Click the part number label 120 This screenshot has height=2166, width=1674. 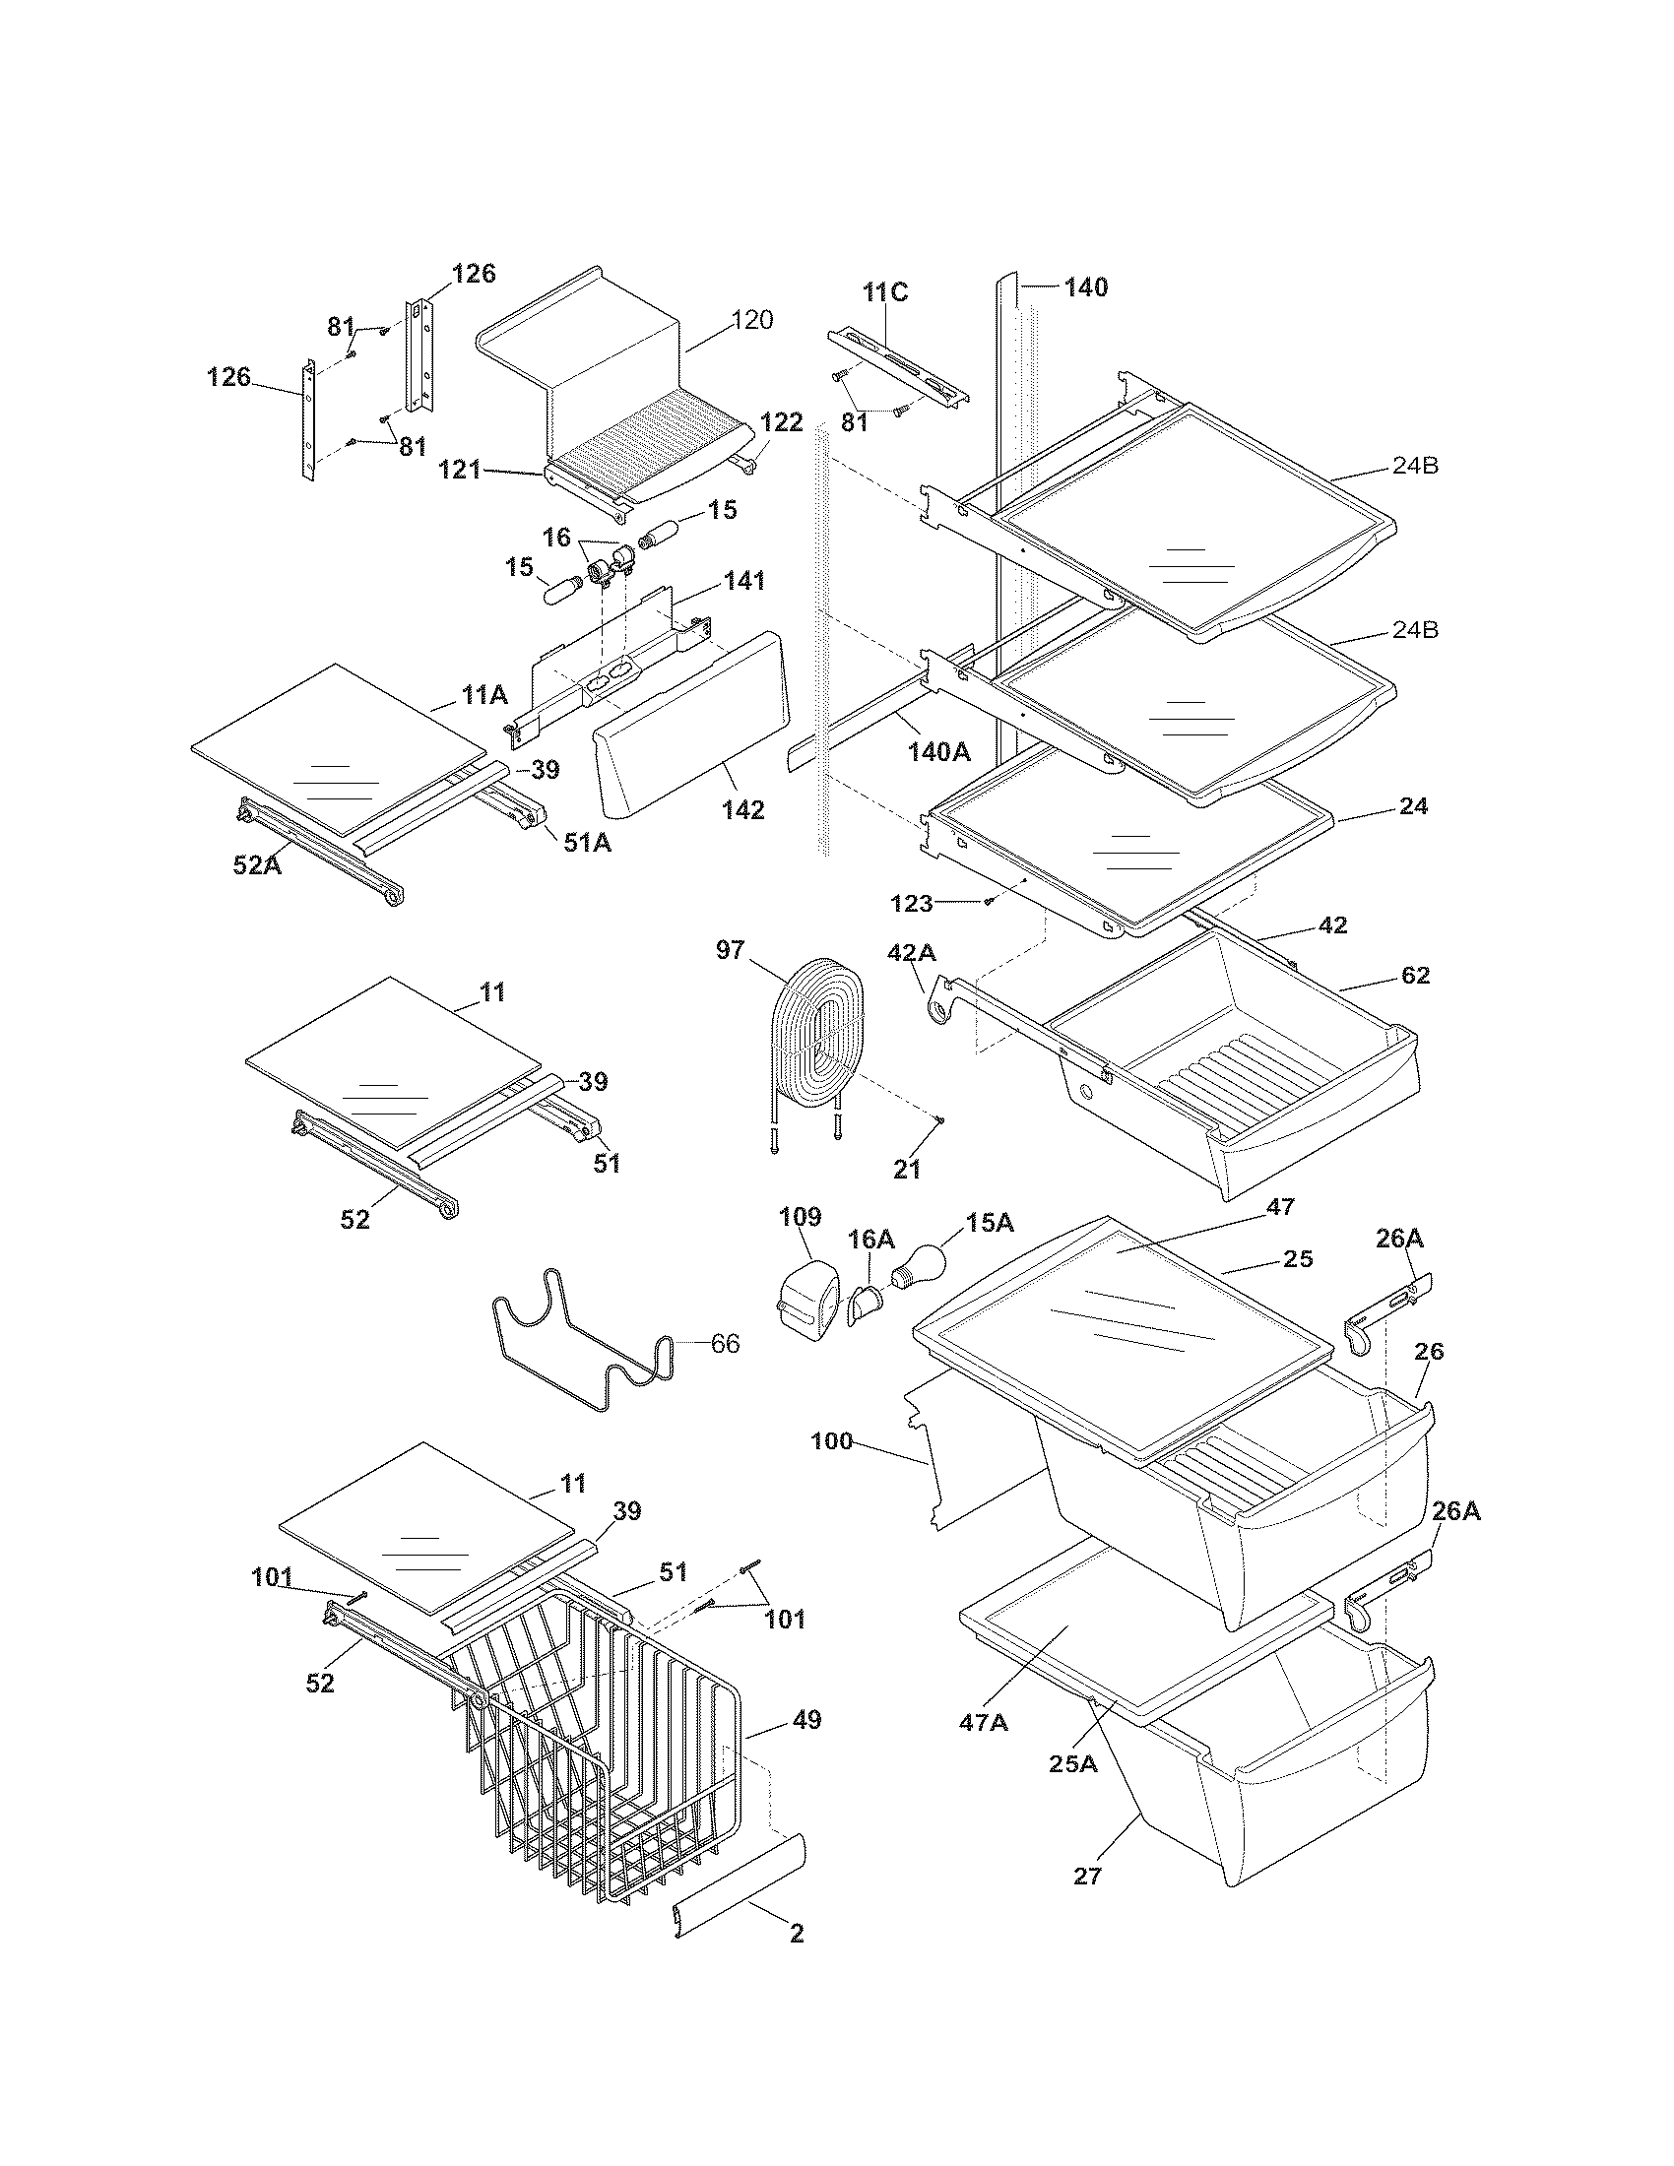[x=751, y=319]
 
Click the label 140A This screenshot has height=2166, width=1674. [x=939, y=752]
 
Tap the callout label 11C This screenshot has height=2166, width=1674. [x=884, y=291]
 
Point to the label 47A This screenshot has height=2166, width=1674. [x=984, y=1722]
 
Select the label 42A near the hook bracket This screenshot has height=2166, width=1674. [x=911, y=953]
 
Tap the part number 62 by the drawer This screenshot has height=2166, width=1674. [x=1415, y=975]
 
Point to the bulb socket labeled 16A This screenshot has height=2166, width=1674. [x=864, y=1302]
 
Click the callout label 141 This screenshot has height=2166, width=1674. [x=743, y=580]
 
